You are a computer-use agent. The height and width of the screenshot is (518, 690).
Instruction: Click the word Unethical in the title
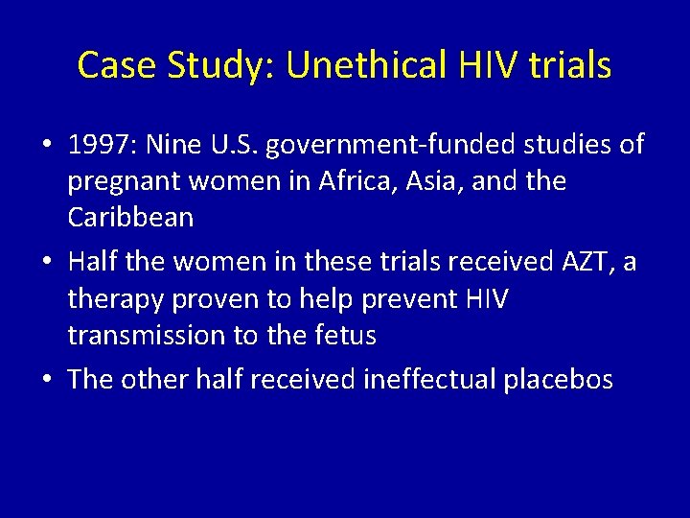pyautogui.click(x=368, y=65)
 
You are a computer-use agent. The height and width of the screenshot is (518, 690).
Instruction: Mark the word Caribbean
pyautogui.click(x=131, y=217)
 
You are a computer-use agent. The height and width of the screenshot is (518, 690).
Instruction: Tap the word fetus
pyautogui.click(x=345, y=335)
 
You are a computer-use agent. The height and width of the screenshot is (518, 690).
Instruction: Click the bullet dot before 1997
pyautogui.click(x=46, y=147)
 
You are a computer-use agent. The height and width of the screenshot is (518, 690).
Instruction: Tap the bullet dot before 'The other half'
pyautogui.click(x=46, y=381)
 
